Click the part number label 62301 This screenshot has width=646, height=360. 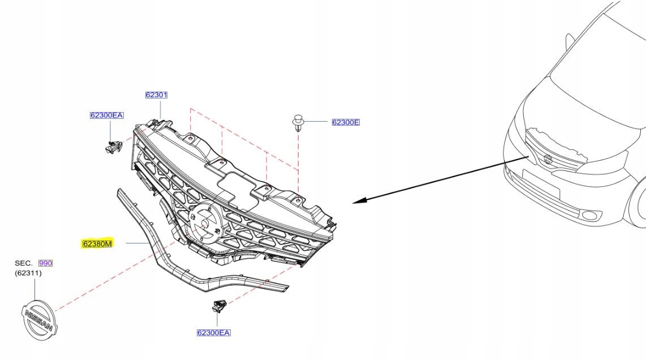[156, 95]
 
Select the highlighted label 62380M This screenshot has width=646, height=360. [98, 244]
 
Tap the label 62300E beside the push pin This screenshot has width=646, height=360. [346, 122]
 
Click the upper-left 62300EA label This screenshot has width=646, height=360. [106, 115]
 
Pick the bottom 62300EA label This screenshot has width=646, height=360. [213, 333]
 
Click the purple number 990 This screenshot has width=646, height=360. [45, 263]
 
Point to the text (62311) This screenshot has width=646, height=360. [28, 273]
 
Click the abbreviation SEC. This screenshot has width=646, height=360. [24, 263]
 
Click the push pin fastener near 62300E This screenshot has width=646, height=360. [298, 122]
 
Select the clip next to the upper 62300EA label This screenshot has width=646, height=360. [113, 147]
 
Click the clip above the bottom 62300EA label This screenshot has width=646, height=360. [218, 306]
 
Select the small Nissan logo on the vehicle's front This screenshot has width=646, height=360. [547, 159]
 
